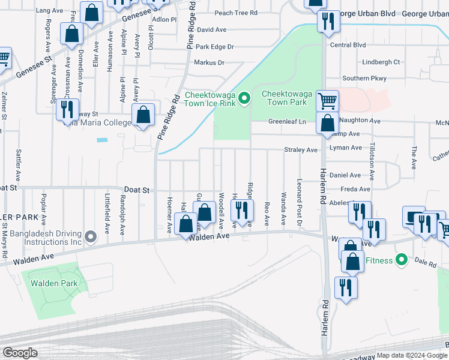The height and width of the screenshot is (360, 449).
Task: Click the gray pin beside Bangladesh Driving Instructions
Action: pos(91,236)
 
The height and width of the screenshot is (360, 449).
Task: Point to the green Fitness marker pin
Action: pos(402,260)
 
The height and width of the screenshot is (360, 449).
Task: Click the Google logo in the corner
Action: pos(19,353)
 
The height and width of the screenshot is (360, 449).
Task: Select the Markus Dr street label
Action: pos(209,62)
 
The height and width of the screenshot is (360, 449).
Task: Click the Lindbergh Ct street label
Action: pos(379,62)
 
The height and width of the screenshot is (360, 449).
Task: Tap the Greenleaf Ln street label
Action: pos(287,121)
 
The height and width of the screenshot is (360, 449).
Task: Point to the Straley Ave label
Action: pos(301,149)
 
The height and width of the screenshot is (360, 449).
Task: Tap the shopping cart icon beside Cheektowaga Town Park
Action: pos(327,100)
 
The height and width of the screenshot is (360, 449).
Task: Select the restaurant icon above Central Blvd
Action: pos(328,21)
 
